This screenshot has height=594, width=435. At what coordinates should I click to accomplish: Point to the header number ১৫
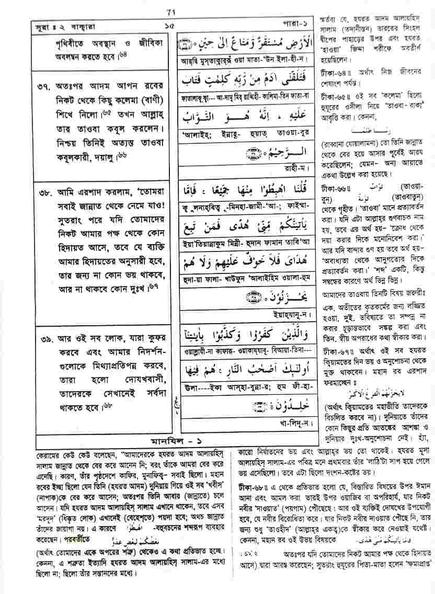point(167,25)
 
